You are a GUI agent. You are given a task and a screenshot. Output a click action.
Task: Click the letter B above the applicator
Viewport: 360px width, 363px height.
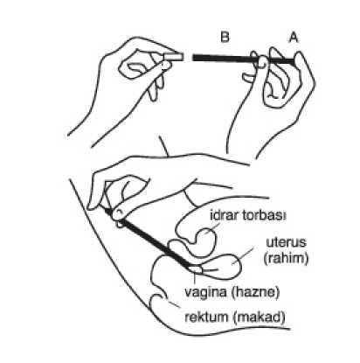pos(225,38)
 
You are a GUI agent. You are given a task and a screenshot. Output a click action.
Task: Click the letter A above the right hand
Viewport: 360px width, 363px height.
pos(294,38)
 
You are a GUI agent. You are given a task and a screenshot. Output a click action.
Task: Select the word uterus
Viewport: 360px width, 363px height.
pos(287,242)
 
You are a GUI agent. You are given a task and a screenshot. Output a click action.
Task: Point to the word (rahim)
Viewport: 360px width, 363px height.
pos(286,258)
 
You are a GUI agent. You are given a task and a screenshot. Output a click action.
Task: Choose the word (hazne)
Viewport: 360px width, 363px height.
pos(255,292)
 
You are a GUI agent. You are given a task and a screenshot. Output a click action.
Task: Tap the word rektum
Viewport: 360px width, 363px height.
pos(206,317)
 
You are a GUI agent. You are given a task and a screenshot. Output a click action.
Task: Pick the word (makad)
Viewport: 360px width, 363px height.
pos(260,318)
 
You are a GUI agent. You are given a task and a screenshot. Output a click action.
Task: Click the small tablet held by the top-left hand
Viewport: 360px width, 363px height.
pos(174,56)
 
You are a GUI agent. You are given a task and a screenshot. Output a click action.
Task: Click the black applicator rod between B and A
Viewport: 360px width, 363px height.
pos(243,59)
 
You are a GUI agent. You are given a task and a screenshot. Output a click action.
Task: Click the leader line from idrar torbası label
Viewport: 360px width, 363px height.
pos(213,227)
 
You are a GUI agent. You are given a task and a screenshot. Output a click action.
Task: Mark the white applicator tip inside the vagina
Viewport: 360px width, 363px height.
pos(195,269)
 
